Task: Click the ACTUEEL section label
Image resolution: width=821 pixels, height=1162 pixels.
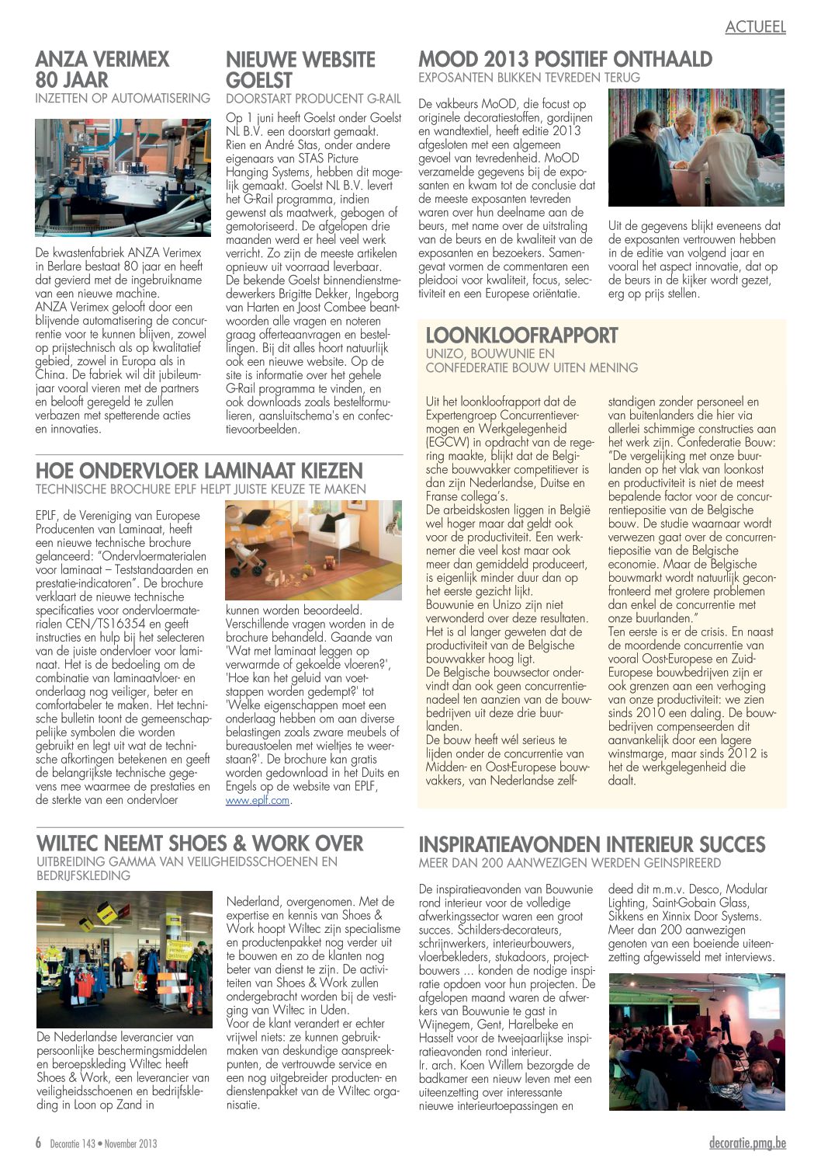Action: (755, 26)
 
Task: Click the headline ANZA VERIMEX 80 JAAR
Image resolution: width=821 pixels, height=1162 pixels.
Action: (102, 69)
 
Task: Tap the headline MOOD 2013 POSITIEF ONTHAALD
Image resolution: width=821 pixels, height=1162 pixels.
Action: (565, 59)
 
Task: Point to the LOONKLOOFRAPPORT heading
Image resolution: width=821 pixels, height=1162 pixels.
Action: (521, 336)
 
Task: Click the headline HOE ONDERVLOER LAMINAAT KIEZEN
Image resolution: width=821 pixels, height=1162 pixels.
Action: (199, 471)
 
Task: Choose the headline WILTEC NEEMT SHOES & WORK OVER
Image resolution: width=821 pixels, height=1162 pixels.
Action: (199, 844)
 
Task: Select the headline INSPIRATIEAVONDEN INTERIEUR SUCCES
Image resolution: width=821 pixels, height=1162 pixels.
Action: (591, 844)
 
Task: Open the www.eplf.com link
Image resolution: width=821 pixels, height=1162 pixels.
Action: (258, 799)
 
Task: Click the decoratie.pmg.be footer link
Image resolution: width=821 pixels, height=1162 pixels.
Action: (747, 1143)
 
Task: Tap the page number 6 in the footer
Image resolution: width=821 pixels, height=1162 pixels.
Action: (38, 1143)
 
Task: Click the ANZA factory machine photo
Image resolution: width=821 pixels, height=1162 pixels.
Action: (123, 177)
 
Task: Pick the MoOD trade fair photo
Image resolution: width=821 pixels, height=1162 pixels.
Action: (696, 148)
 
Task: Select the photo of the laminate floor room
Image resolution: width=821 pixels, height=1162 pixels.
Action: (314, 551)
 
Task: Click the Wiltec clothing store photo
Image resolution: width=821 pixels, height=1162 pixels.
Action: (124, 958)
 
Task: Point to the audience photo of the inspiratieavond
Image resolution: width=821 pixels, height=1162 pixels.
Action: (696, 1041)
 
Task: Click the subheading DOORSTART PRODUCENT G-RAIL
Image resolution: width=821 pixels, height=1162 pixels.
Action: (314, 99)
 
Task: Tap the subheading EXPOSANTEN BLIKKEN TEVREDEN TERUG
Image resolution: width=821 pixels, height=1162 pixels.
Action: (529, 78)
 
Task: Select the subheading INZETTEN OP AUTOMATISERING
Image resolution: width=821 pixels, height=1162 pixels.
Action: (123, 99)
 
